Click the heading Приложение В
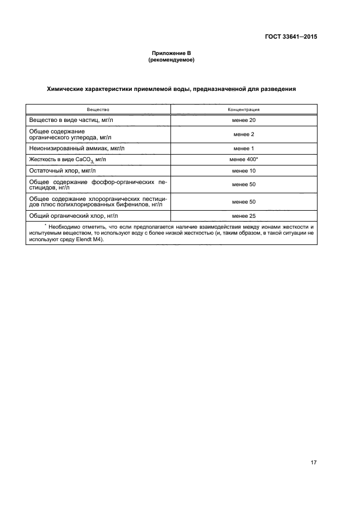[171, 53]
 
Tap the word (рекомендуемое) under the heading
[171, 60]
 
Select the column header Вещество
[98, 109]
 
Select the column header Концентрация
[243, 109]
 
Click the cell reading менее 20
[243, 120]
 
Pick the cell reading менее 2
[243, 134]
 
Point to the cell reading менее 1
[243, 148]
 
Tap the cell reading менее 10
[243, 170]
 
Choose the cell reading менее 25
[243, 216]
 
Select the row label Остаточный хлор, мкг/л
[62, 170]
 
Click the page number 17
[314, 462]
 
